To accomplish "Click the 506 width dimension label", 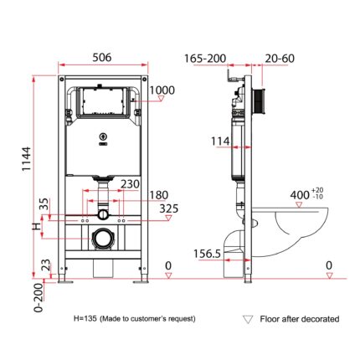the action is (x=102, y=58).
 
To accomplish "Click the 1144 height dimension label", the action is (x=27, y=159).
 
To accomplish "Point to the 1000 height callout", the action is (x=162, y=90).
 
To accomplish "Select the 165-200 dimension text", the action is (x=205, y=59).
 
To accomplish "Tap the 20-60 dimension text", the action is (x=280, y=59).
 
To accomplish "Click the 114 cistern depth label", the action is (x=220, y=141).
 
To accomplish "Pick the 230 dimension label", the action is (x=130, y=184).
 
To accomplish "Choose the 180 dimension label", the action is (x=159, y=195).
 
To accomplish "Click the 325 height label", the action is (x=169, y=208).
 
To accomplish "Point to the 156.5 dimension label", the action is (x=207, y=254).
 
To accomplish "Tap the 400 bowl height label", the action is (x=300, y=195).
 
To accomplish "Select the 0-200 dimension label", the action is (x=39, y=297).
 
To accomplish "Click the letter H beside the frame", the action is (x=37, y=227).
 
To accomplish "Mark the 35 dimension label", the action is (x=44, y=204).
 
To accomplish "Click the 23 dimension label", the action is (x=46, y=265).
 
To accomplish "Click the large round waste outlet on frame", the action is (x=103, y=239).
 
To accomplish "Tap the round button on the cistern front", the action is (x=103, y=136).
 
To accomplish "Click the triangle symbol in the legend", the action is (x=248, y=320).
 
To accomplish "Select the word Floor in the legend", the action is (x=270, y=319).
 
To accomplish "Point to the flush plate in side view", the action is (x=259, y=101).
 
